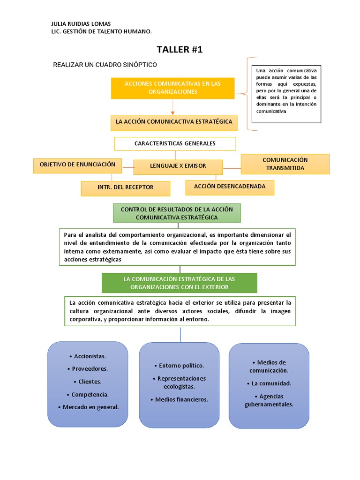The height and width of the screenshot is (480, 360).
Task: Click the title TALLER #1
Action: click(x=180, y=50)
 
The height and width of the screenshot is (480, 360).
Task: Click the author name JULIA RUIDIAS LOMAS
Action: click(x=81, y=24)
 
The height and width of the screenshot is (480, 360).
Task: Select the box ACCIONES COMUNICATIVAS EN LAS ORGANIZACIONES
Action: click(x=172, y=88)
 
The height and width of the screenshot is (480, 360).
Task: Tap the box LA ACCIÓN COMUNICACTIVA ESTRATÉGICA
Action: click(x=174, y=122)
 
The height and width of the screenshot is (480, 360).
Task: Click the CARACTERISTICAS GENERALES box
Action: click(x=175, y=143)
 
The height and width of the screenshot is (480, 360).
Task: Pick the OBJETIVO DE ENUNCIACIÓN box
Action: click(x=77, y=165)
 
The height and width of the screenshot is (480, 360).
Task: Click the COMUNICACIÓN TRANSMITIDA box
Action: click(x=285, y=164)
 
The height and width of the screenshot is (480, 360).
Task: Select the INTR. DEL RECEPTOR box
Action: click(x=125, y=187)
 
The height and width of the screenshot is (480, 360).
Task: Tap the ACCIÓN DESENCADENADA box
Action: click(x=230, y=187)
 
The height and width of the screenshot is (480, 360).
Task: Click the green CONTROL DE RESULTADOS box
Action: click(x=177, y=213)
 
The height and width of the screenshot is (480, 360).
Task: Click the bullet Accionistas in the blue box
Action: click(x=87, y=356)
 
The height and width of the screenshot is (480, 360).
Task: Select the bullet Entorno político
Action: click(x=179, y=366)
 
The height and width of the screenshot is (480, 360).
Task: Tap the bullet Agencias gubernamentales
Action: click(x=269, y=400)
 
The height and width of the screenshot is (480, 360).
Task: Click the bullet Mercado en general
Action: click(x=88, y=407)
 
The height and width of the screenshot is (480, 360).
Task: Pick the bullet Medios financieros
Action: click(x=179, y=399)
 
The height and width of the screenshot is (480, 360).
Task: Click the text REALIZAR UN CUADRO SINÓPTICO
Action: click(x=105, y=64)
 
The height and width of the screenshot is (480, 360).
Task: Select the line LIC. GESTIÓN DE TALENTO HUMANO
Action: click(x=101, y=31)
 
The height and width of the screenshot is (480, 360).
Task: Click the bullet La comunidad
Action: click(x=269, y=383)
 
